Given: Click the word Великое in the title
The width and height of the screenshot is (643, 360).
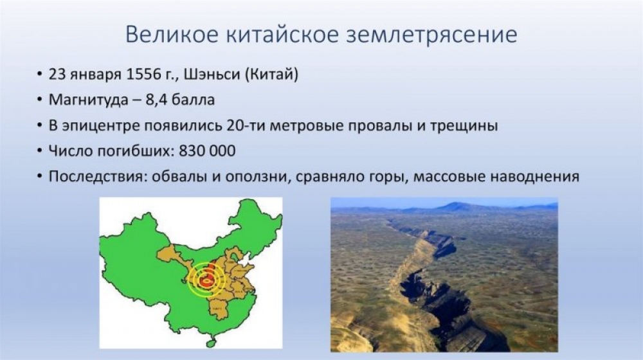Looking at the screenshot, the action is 172,35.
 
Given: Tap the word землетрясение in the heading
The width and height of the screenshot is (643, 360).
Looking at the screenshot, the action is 432,35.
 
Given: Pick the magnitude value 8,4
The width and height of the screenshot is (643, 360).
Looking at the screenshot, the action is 156,100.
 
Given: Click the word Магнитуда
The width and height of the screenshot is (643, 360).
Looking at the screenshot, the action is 88,100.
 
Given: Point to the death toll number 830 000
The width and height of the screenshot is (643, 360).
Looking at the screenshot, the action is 207,151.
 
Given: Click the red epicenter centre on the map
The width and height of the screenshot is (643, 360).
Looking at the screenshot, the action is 206,281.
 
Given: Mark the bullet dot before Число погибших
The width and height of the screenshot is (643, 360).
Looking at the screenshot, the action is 39,151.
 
